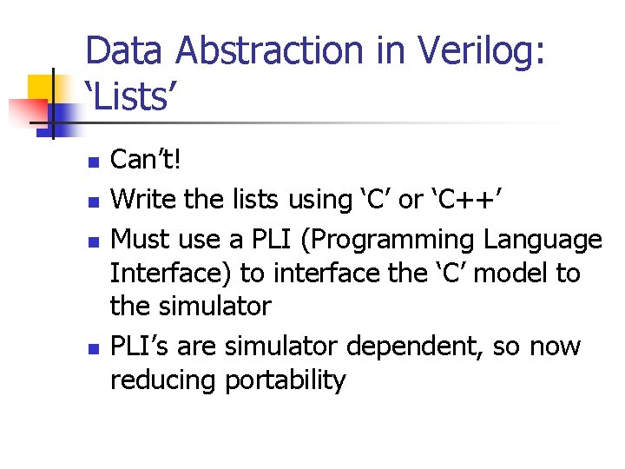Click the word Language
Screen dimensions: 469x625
click(x=543, y=240)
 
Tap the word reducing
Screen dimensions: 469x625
click(x=163, y=380)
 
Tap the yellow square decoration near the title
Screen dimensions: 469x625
click(x=41, y=88)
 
